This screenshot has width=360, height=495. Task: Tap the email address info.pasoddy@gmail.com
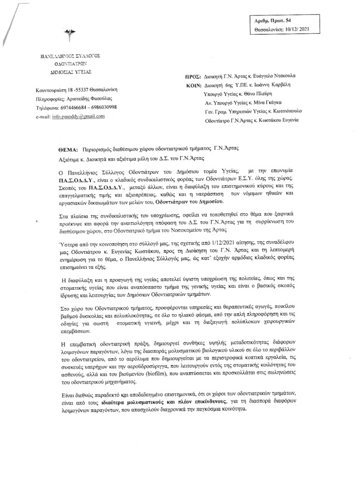click(78, 117)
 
